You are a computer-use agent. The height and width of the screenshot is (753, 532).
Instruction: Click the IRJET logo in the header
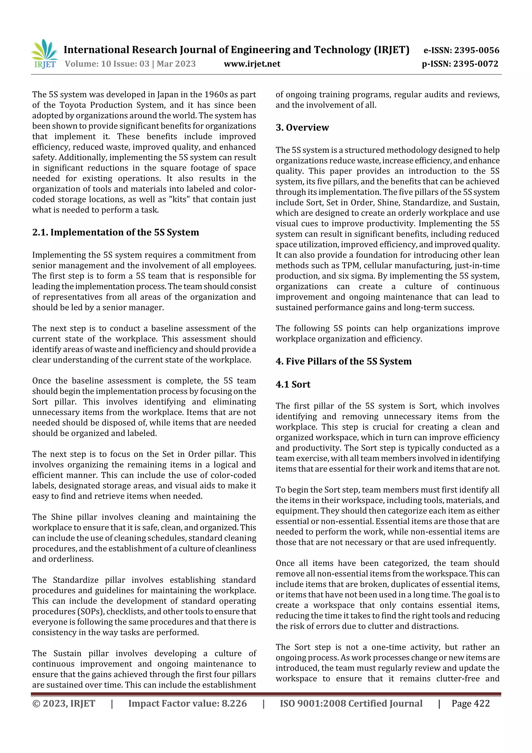pos(44,54)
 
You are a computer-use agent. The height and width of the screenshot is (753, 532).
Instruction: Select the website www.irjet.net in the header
pos(252,64)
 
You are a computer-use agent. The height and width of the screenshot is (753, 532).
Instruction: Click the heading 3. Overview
pos(302,127)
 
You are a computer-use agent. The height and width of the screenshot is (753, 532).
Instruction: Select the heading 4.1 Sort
pos(293,384)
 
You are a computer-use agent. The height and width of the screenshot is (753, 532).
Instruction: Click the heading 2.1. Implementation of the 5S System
pos(115,232)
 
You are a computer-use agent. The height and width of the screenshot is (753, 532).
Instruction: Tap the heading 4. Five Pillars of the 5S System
pos(343,361)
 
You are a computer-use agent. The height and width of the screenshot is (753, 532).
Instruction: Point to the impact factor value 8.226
pos(234,703)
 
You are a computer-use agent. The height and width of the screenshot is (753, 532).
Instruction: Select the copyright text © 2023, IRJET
pos(64,703)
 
